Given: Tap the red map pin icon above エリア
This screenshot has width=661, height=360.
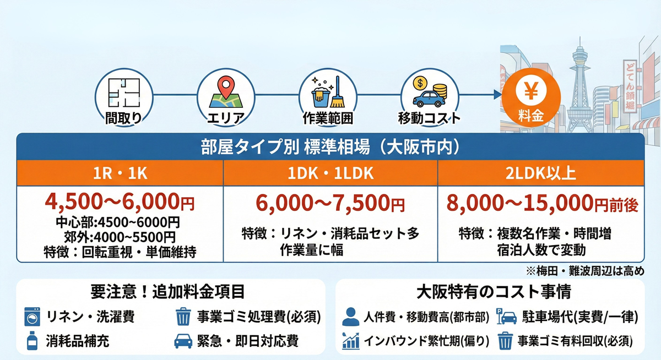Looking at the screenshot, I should pos(225,91).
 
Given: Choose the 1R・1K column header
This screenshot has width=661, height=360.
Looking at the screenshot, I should pos(120,173).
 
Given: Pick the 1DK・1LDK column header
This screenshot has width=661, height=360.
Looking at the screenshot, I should pos(330,173).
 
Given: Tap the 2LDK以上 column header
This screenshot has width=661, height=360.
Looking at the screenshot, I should pos(540,173).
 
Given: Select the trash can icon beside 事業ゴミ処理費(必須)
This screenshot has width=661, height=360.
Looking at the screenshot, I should pos(182,317).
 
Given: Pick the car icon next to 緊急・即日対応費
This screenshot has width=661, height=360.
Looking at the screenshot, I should pos(183,341).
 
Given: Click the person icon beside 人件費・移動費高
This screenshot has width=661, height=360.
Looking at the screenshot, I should pos(350,317).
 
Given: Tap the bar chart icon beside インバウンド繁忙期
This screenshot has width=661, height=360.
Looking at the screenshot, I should pos(350,341).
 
